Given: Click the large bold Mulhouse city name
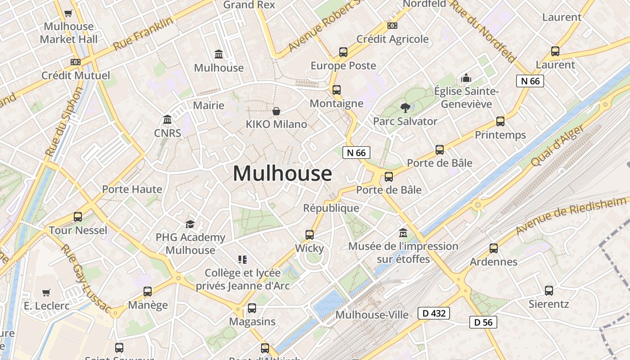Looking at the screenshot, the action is [283, 174].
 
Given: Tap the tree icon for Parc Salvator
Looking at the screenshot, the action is [405, 108].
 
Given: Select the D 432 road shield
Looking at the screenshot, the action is [434, 313].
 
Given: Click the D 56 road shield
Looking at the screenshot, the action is [483, 322].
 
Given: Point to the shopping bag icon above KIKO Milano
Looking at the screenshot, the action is [276, 111].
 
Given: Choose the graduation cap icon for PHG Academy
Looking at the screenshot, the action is [190, 224].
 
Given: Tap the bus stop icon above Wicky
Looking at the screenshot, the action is [310, 234].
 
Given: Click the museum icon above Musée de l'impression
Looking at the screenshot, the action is [403, 233].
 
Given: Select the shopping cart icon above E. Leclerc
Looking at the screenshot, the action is [46, 292].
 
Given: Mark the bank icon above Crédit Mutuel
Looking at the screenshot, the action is [76, 62].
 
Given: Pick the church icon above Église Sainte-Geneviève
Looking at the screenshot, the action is [466, 78].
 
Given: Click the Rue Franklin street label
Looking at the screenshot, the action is [143, 34].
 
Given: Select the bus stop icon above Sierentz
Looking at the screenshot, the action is [549, 290].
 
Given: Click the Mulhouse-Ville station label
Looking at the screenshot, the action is [372, 315].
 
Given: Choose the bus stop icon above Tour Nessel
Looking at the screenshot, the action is [78, 217].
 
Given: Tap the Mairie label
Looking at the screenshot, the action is [209, 105].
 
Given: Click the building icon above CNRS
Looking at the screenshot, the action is [167, 119].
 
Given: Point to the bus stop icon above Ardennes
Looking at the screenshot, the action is [494, 248].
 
